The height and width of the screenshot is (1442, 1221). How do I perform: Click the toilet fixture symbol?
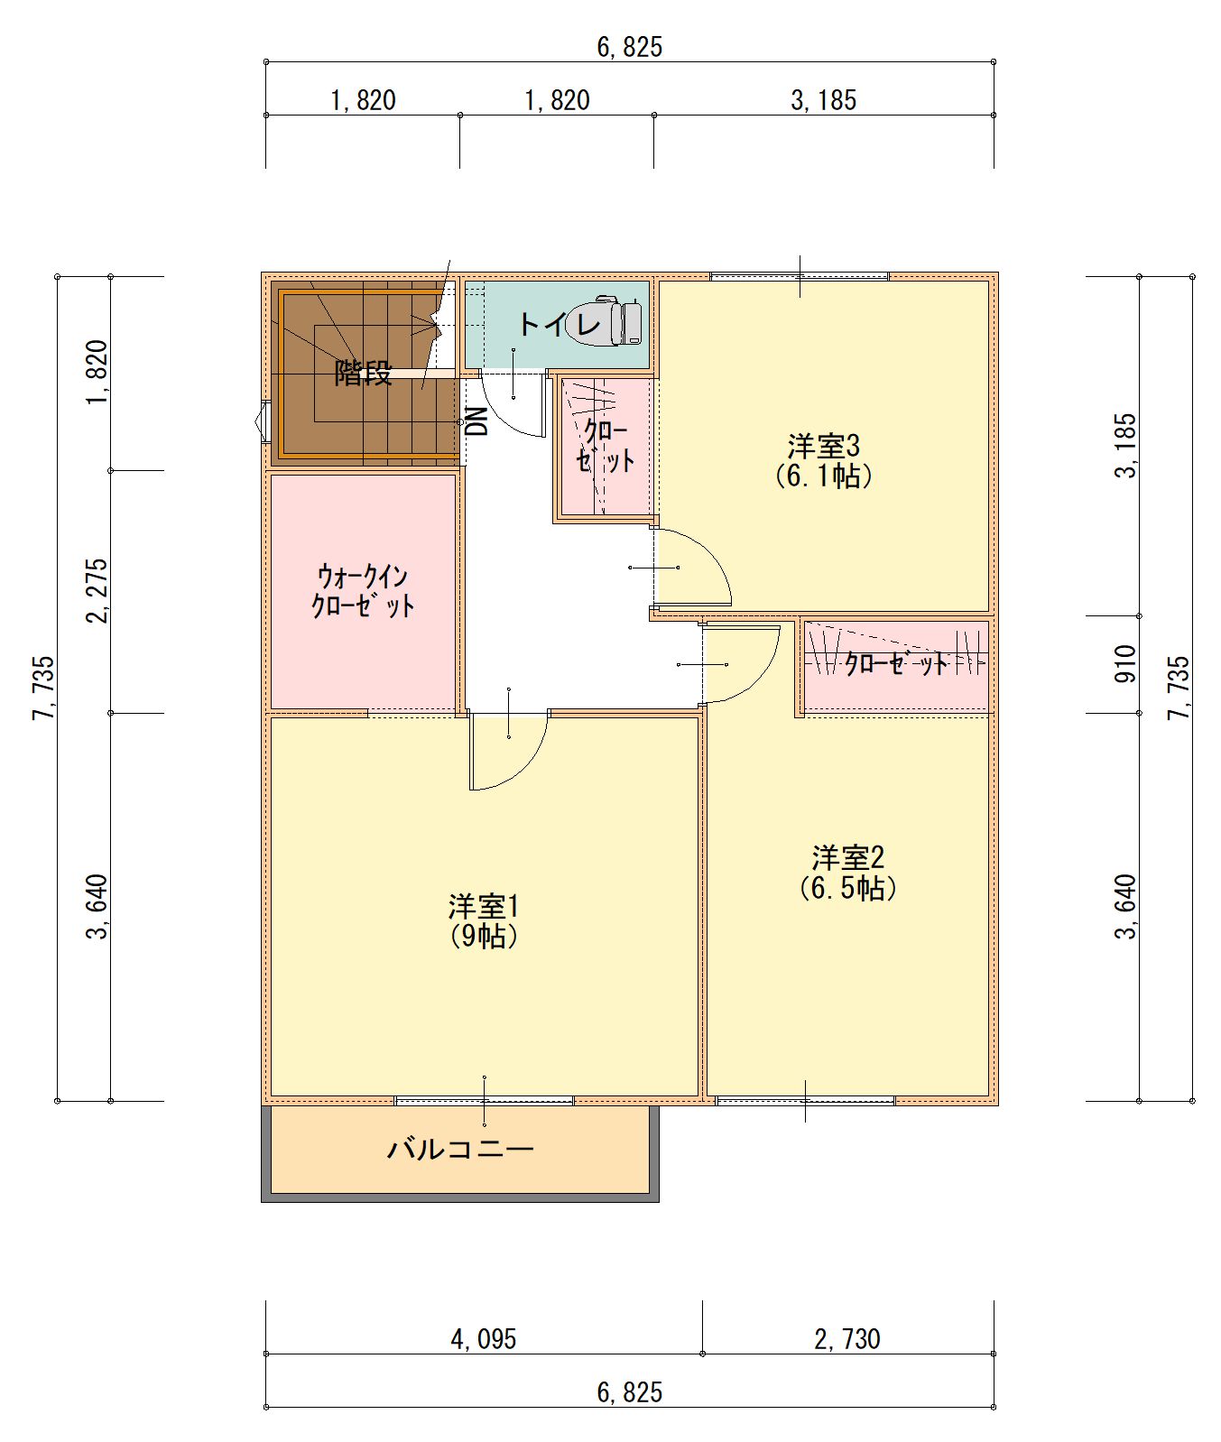(x=620, y=320)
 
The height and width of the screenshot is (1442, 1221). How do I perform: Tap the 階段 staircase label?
(x=363, y=373)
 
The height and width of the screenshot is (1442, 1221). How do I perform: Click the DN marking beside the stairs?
(x=477, y=421)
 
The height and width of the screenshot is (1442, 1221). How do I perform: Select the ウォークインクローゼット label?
(x=363, y=590)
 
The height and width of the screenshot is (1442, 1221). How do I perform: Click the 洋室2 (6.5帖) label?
(x=848, y=872)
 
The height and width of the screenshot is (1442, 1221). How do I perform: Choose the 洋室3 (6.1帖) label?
(x=824, y=460)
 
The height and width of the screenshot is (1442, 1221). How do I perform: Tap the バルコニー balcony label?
(x=461, y=1149)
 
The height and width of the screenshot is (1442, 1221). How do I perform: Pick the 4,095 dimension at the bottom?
(x=484, y=1338)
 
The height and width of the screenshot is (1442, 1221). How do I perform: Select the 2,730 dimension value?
(x=847, y=1338)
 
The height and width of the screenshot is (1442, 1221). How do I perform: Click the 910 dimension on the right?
(x=1125, y=664)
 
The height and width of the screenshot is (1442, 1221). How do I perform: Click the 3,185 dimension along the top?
(x=824, y=100)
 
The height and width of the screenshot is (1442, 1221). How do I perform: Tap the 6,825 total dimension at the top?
(x=630, y=47)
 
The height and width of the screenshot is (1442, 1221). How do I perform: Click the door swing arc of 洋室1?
(x=529, y=766)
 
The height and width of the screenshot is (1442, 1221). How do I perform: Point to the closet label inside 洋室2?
(x=896, y=664)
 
